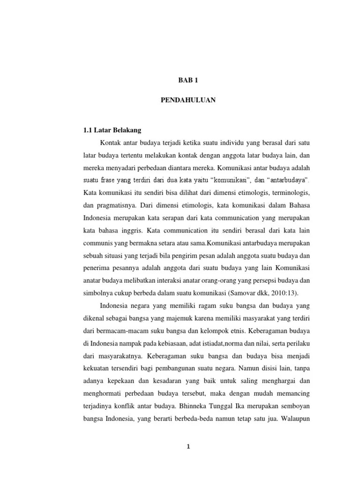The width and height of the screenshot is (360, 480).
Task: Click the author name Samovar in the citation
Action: click(244, 293)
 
